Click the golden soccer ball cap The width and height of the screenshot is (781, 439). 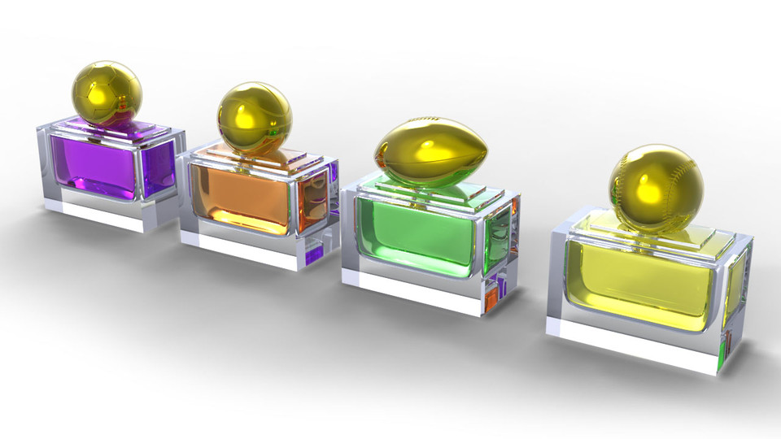107,92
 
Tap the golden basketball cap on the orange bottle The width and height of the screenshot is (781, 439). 254,119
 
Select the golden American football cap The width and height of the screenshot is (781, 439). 430,151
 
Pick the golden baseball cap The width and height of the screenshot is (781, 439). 656,188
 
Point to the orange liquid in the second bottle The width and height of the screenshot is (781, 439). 240,199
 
